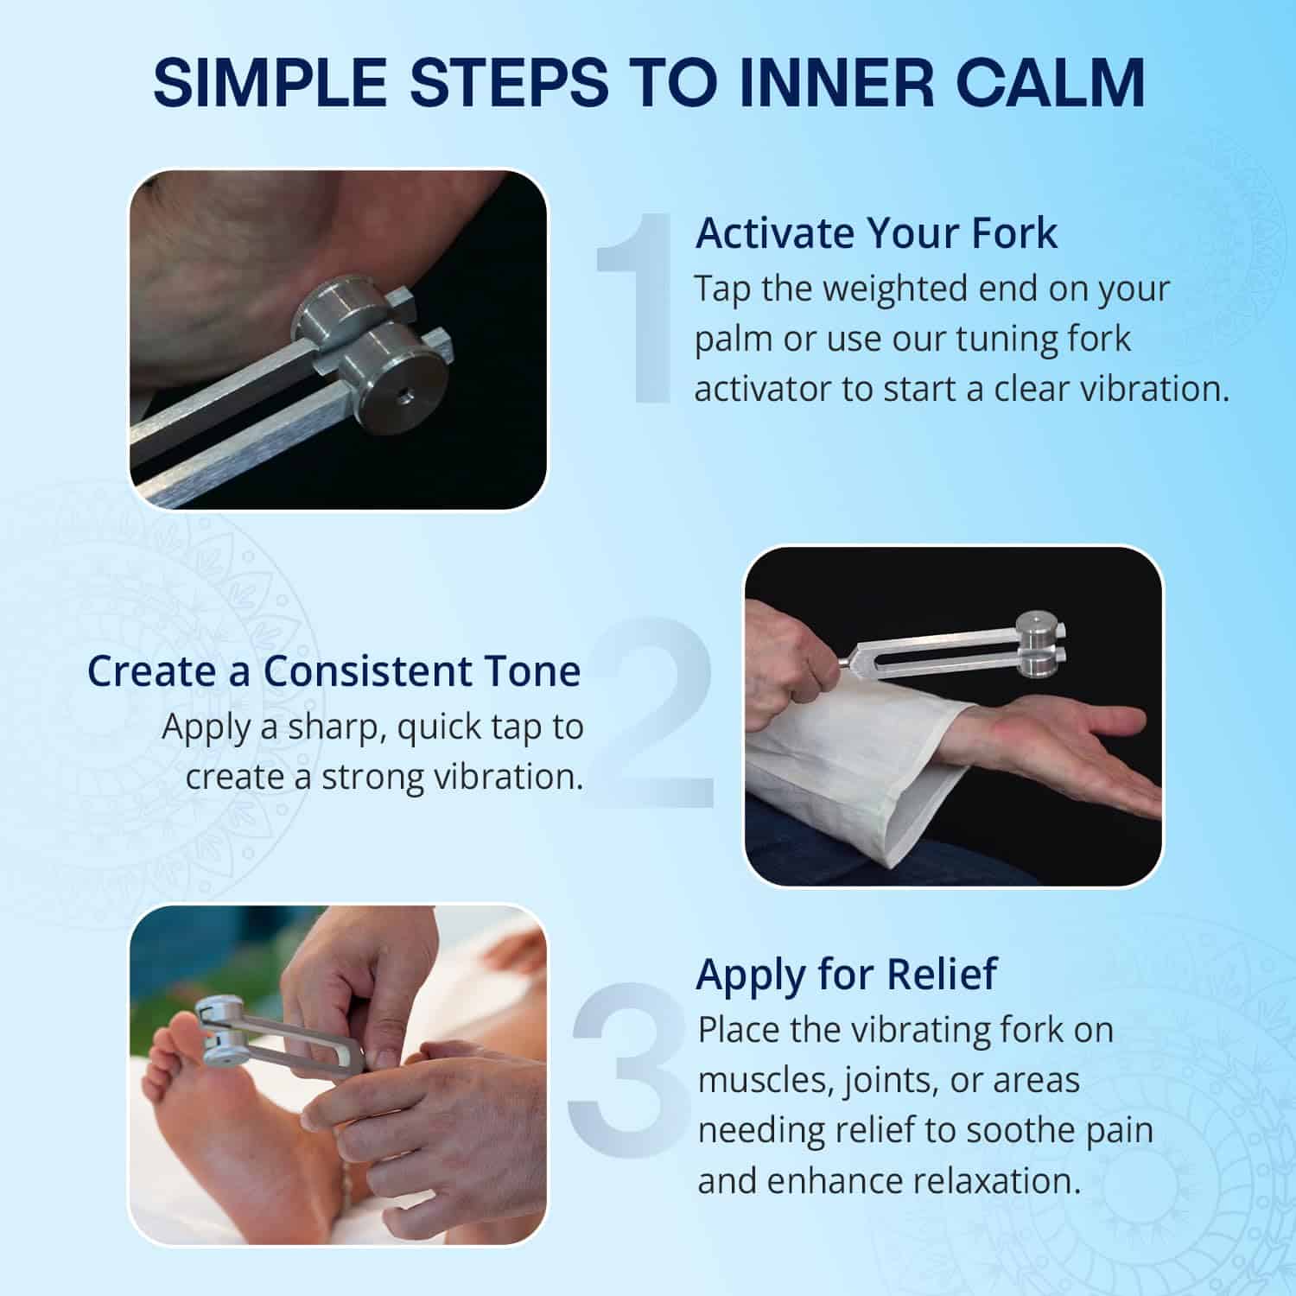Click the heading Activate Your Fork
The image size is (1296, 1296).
point(876,233)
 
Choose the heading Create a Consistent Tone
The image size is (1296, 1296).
point(334,671)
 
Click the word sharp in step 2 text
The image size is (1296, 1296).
point(336,727)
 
